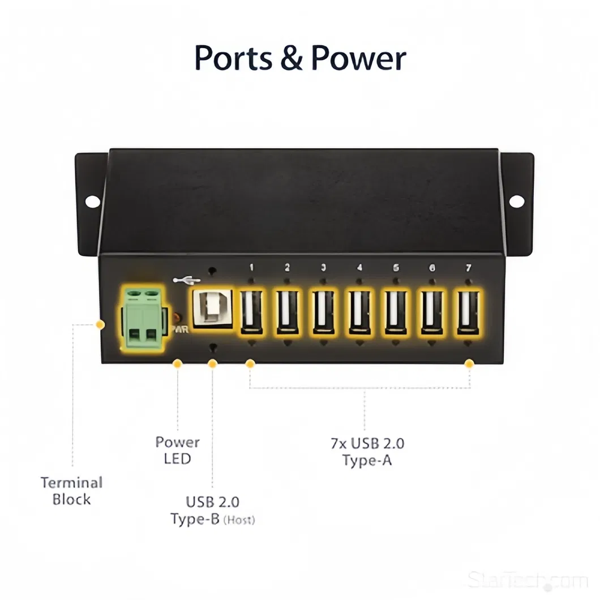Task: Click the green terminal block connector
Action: (142, 319)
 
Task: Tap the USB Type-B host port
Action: (212, 309)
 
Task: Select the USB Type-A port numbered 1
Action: (251, 312)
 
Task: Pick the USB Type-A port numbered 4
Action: (359, 312)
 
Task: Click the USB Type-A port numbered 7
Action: (468, 312)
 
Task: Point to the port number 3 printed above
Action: (323, 268)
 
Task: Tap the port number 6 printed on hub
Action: (432, 268)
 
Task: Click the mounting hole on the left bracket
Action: (92, 200)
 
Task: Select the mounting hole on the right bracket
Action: (516, 200)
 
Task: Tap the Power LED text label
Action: (177, 450)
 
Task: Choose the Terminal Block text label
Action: (71, 491)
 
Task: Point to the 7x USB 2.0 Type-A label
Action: (367, 452)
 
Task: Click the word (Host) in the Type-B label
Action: (239, 520)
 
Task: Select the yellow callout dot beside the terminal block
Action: (101, 324)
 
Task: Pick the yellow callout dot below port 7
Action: (469, 364)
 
